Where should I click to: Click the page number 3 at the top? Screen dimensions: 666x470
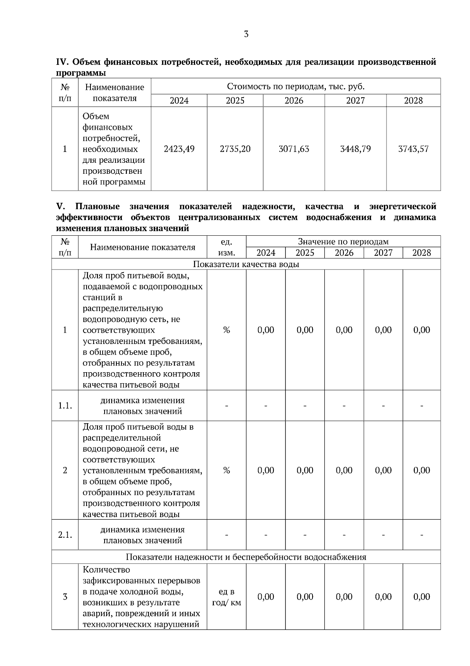click(246, 34)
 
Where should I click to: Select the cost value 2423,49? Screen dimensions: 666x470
click(179, 149)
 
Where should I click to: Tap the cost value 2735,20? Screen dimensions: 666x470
click(235, 149)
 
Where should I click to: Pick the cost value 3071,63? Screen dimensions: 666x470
click(294, 149)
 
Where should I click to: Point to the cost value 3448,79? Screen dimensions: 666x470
click(355, 149)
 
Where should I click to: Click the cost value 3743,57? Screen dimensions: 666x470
click(413, 149)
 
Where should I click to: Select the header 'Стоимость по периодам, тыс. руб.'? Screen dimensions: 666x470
click(296, 86)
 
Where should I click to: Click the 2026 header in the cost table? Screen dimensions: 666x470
click(294, 101)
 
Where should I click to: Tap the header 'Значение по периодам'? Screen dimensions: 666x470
click(343, 242)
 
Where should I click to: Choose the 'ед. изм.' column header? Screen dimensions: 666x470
click(226, 247)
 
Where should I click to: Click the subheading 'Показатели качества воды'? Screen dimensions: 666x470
click(246, 264)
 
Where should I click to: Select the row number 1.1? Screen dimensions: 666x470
click(65, 406)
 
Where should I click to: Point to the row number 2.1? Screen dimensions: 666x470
click(65, 535)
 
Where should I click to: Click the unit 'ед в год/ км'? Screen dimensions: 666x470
click(226, 597)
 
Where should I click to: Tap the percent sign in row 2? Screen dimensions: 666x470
click(226, 470)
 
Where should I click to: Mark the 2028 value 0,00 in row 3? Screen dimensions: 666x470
click(421, 597)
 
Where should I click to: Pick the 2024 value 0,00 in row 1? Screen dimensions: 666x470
click(266, 330)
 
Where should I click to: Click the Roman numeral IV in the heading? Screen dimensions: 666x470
click(63, 62)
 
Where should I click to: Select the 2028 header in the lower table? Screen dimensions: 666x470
click(421, 253)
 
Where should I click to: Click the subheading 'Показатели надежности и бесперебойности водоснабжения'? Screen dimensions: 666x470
click(246, 557)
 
